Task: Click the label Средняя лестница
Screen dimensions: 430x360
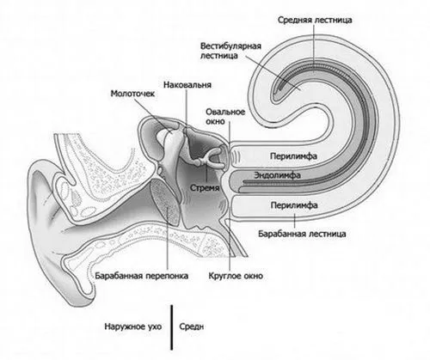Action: pyautogui.click(x=315, y=20)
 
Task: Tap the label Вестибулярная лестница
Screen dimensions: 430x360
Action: pyautogui.click(x=230, y=51)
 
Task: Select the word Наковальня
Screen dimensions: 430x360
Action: pyautogui.click(x=187, y=85)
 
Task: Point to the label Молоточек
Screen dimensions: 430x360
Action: pyautogui.click(x=132, y=94)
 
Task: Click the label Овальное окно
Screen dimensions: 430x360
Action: pyautogui.click(x=225, y=116)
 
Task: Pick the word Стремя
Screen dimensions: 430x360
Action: pyautogui.click(x=205, y=188)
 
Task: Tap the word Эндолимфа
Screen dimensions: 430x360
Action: pyautogui.click(x=277, y=175)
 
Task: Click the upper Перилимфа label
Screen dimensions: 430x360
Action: pyautogui.click(x=293, y=156)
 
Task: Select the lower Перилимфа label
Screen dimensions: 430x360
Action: pyautogui.click(x=294, y=205)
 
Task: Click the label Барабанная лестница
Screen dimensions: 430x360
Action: pyautogui.click(x=302, y=234)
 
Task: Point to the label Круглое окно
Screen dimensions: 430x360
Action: pyautogui.click(x=236, y=276)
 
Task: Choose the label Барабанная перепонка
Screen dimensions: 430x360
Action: pyautogui.click(x=142, y=276)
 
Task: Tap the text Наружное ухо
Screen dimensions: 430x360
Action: pyautogui.click(x=133, y=326)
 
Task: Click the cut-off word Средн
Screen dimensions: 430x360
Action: pyautogui.click(x=192, y=326)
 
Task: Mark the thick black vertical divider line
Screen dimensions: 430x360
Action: pyautogui.click(x=172, y=327)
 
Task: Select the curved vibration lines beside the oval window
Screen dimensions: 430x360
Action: pyautogui.click(x=236, y=156)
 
